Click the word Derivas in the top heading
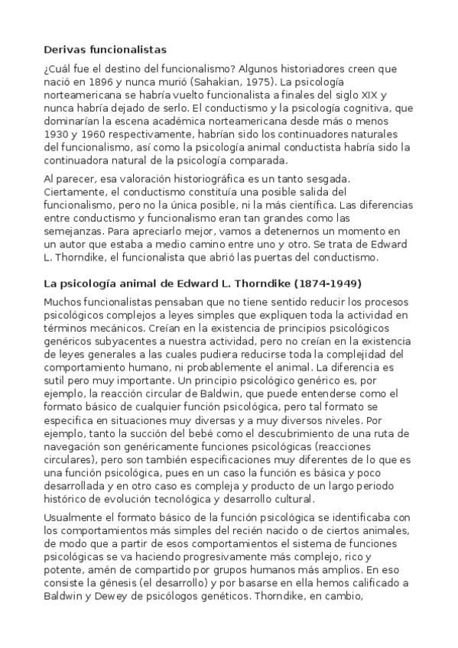[67, 49]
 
